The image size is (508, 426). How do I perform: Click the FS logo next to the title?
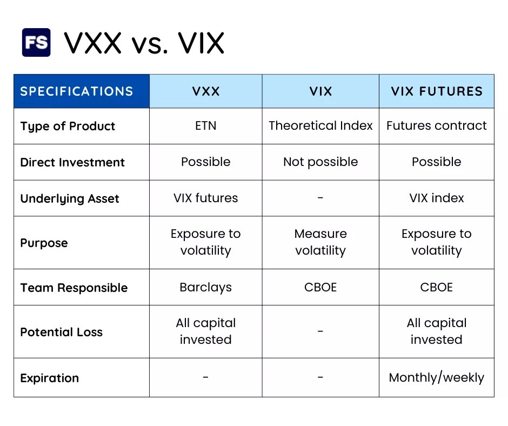pos(36,43)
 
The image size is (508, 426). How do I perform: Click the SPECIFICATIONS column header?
pos(76,91)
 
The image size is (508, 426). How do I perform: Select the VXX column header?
pos(206,91)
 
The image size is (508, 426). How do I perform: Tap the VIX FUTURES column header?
pos(437,91)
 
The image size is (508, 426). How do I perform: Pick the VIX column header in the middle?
pos(320,91)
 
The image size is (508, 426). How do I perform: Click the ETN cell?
pos(206,126)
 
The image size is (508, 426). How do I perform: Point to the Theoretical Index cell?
pos(320,126)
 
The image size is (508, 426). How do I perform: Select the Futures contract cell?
pos(437,126)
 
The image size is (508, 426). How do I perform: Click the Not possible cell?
pos(320,162)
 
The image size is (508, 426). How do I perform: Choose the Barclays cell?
pos(206,288)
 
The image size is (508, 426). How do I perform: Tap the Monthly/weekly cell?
pos(437,378)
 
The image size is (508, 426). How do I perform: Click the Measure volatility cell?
pos(320,242)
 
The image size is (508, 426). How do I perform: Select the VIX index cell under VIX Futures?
pos(437,198)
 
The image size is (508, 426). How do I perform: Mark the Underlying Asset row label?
pos(70,199)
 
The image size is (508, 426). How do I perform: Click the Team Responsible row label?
pos(74,288)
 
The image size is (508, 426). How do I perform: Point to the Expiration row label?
pos(50,378)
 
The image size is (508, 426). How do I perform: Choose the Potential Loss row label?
pos(62,332)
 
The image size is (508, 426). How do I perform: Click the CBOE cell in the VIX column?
pos(320,288)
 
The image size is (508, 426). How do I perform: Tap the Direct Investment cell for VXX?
pos(206,162)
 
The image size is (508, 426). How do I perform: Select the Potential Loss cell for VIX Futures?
pos(437,331)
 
